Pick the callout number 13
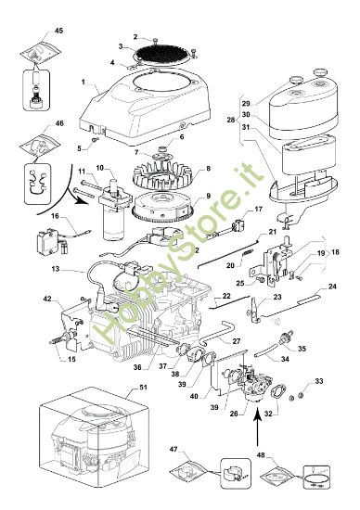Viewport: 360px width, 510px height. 57,269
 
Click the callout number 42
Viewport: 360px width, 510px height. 47,300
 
